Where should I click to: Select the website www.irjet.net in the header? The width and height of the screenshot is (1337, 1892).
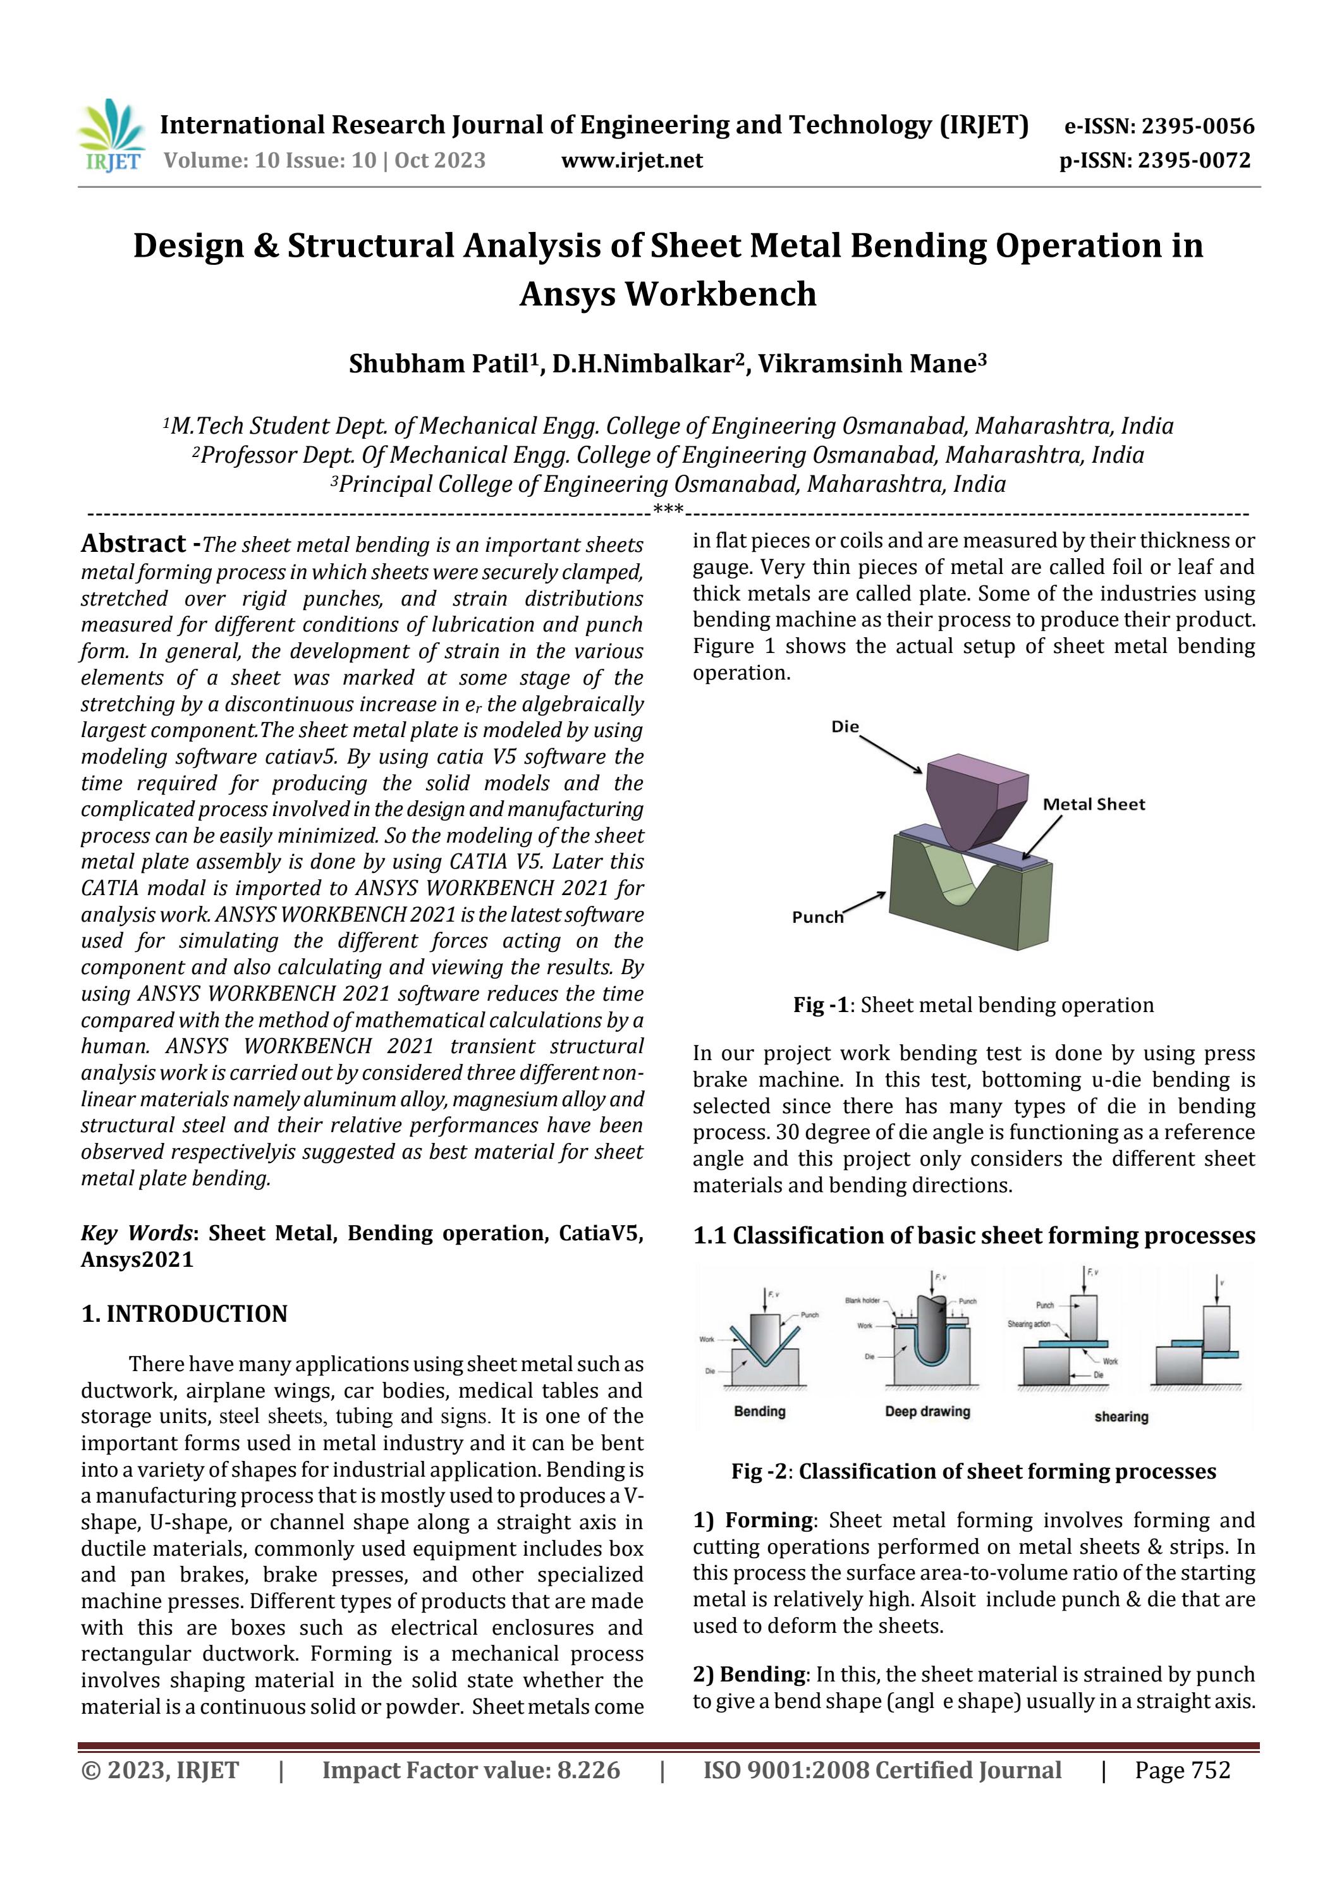point(632,160)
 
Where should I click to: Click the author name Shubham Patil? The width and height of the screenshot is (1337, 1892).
point(440,364)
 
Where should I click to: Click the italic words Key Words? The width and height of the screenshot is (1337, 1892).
point(135,1233)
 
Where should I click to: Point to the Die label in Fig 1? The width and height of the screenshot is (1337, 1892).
point(845,727)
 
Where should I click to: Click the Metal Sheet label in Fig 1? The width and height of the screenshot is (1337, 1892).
point(1094,804)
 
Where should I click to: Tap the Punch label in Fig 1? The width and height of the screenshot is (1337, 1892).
point(818,917)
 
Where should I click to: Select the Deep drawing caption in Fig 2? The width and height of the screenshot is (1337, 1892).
point(927,1412)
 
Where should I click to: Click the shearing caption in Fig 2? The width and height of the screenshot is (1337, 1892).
point(1120,1417)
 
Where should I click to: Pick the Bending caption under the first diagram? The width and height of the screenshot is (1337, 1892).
point(759,1412)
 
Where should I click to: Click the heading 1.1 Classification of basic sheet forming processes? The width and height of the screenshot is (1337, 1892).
point(974,1235)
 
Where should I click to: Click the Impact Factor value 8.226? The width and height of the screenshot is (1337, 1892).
point(588,1770)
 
